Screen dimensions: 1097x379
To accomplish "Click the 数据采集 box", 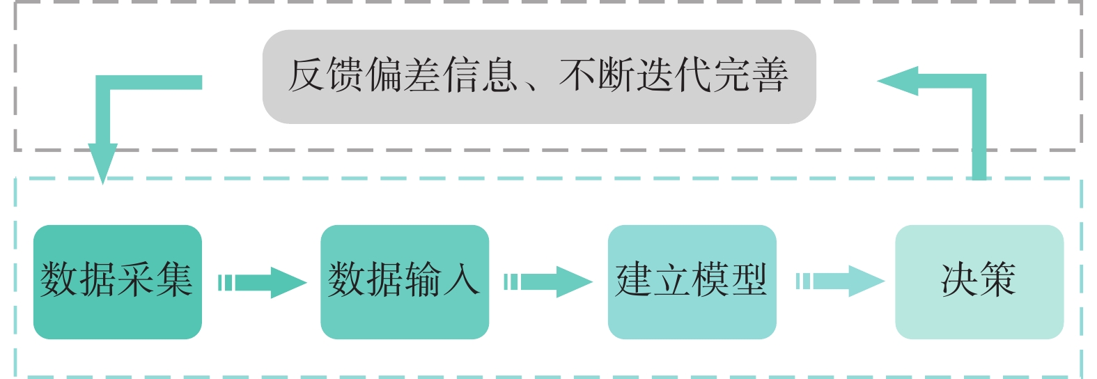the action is [117, 281].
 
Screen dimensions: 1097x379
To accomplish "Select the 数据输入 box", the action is [404, 281].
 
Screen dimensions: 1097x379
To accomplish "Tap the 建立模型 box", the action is [692, 281].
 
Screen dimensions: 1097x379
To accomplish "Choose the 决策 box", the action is [979, 281].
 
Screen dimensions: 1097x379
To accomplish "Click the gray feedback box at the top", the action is [538, 76].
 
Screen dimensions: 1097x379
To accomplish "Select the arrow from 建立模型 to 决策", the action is [841, 281].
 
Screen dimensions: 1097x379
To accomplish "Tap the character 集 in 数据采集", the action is [174, 280].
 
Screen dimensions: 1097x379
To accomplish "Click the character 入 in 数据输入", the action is [461, 280].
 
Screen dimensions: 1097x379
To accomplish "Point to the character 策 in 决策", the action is [997, 280].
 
